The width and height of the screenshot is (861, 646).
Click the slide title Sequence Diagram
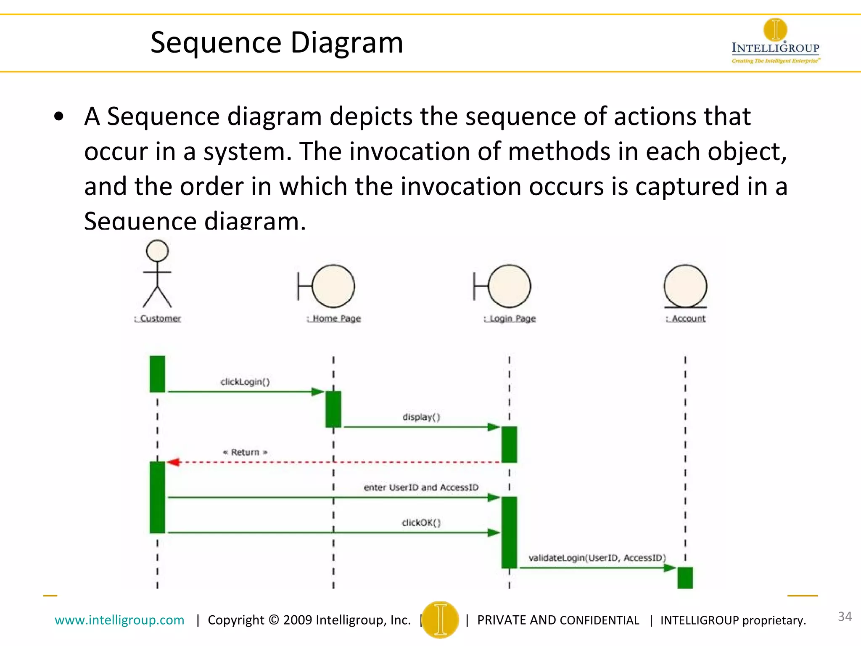tap(277, 42)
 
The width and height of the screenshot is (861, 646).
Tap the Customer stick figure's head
tap(157, 251)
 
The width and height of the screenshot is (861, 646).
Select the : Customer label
tap(158, 318)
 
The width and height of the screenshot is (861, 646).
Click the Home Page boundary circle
tap(333, 286)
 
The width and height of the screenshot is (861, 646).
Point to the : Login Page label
tap(510, 318)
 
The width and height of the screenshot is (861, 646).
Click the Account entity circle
tap(685, 286)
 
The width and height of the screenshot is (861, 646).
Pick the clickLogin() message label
tap(245, 381)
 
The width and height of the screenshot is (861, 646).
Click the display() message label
tap(421, 417)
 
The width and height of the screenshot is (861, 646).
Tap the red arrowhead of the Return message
tap(173, 462)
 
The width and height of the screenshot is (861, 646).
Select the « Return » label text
tap(245, 452)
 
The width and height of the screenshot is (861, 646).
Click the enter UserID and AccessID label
tap(421, 487)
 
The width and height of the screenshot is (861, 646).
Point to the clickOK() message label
tap(421, 522)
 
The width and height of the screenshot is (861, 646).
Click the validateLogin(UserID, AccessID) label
tap(597, 558)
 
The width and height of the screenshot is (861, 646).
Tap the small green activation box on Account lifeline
tap(685, 577)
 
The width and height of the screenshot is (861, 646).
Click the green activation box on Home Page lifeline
tap(333, 409)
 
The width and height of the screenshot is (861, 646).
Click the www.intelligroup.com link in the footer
tap(119, 620)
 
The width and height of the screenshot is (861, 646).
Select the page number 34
tap(845, 617)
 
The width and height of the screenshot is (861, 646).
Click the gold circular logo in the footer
tap(440, 620)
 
